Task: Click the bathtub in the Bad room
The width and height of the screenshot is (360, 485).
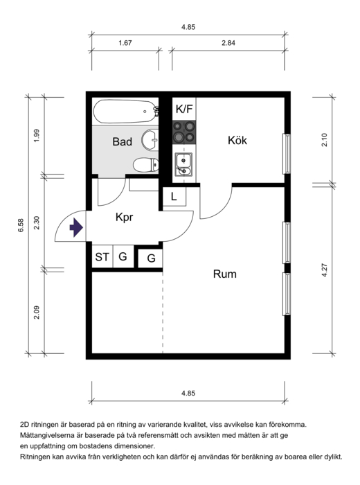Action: pyautogui.click(x=126, y=112)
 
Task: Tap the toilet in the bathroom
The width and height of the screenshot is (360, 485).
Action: pyautogui.click(x=146, y=165)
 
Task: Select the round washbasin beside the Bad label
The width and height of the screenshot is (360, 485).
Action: pyautogui.click(x=150, y=140)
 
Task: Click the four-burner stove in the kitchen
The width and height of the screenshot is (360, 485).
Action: pyautogui.click(x=184, y=132)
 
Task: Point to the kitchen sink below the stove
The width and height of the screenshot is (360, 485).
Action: pyautogui.click(x=183, y=164)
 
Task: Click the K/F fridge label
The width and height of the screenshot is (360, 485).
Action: pyautogui.click(x=184, y=109)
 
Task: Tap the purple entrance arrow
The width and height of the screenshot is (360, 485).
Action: pyautogui.click(x=76, y=227)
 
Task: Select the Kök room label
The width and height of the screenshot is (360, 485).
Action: pyautogui.click(x=237, y=141)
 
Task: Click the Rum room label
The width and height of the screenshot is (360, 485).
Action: pyautogui.click(x=224, y=274)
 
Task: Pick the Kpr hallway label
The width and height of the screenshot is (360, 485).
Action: pyautogui.click(x=124, y=217)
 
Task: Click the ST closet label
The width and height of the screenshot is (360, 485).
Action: pyautogui.click(x=102, y=257)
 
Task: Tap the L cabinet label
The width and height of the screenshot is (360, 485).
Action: pyautogui.click(x=174, y=196)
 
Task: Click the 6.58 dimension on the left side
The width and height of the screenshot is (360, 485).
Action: pyautogui.click(x=21, y=225)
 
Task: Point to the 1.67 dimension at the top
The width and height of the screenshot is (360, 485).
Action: pyautogui.click(x=125, y=43)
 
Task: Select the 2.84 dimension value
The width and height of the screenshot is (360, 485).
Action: pyautogui.click(x=228, y=43)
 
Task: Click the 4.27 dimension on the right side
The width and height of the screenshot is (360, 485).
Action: pyautogui.click(x=324, y=270)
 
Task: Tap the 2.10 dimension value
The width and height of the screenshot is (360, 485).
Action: pyautogui.click(x=324, y=139)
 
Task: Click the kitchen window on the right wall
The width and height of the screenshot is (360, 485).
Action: pyautogui.click(x=287, y=154)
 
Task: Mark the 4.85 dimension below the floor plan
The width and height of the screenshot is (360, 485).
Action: pyautogui.click(x=188, y=393)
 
